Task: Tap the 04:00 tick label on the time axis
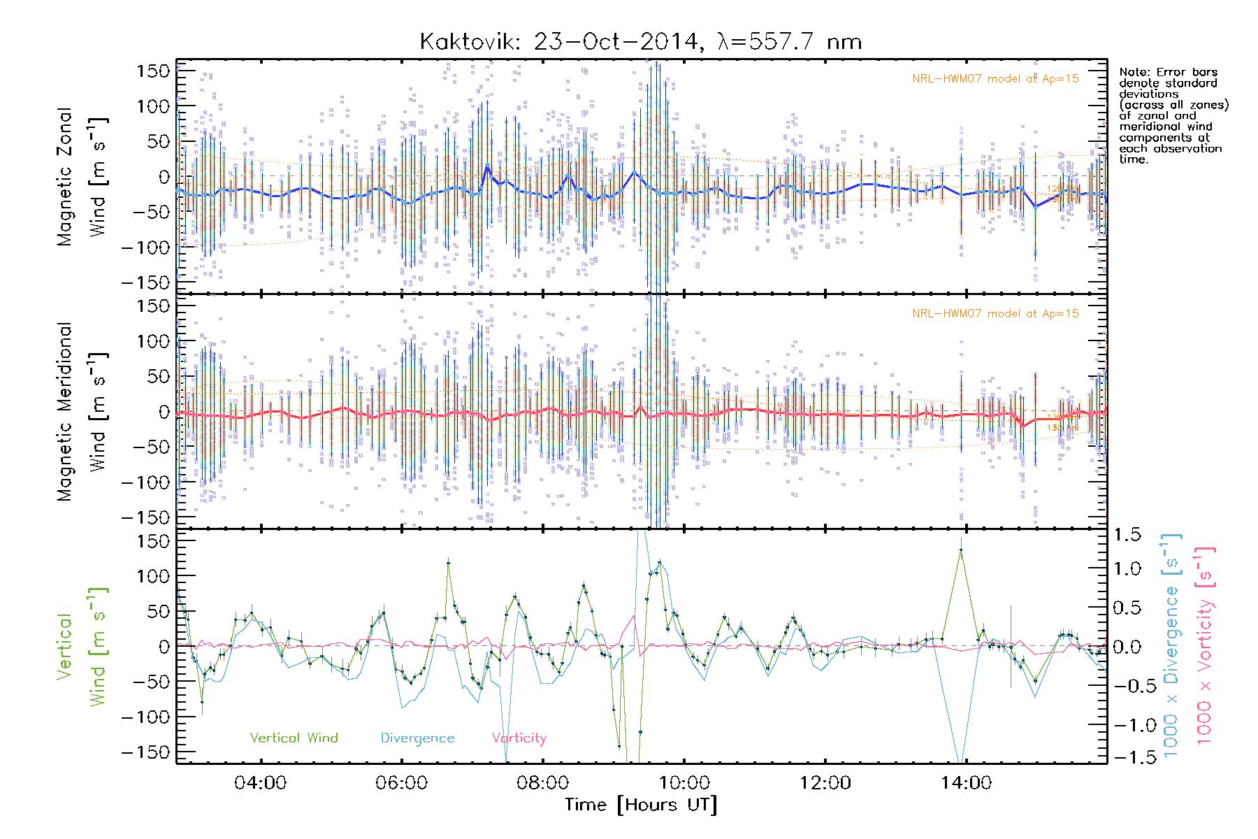coord(261,782)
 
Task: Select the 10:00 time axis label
coord(684,782)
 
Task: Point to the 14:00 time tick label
coord(967,782)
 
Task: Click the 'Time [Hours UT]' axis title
coord(641,805)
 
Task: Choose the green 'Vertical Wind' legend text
coord(294,738)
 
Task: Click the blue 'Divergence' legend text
coord(417,738)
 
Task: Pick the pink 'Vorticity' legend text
coord(519,738)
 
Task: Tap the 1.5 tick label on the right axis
coord(1127,535)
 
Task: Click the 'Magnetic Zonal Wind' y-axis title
coord(82,177)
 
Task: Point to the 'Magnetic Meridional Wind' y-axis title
coord(82,412)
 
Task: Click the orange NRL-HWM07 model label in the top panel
coord(995,79)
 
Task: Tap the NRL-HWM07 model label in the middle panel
coord(995,314)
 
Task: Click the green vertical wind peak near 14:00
coord(961,550)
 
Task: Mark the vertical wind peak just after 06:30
coord(448,563)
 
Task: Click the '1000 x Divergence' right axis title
coord(1171,646)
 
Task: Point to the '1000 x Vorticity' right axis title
coord(1205,646)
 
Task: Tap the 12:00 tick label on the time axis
coord(825,782)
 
